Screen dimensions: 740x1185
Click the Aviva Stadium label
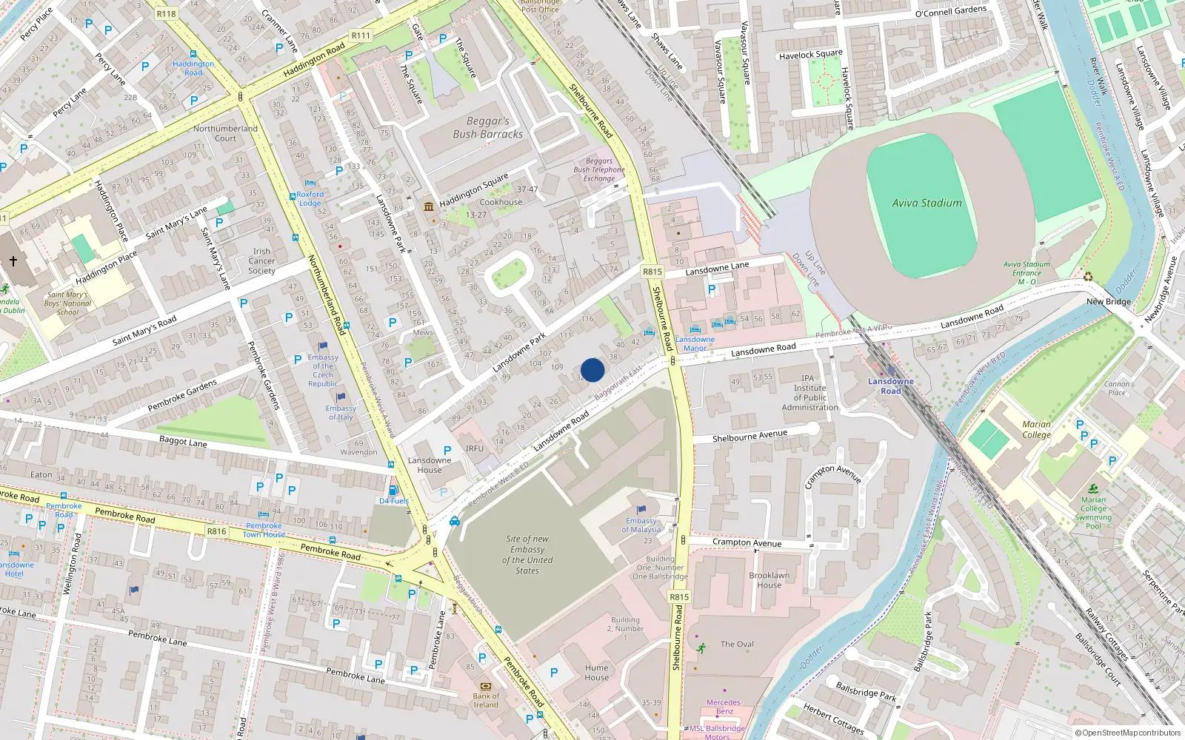click(x=927, y=203)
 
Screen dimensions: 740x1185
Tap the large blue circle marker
click(x=592, y=370)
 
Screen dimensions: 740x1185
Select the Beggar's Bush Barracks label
click(x=488, y=127)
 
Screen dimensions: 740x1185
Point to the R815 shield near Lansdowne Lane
click(x=652, y=272)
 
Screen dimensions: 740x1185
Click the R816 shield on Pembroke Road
click(x=216, y=531)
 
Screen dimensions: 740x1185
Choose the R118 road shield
click(x=166, y=13)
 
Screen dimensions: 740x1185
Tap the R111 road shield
click(x=361, y=36)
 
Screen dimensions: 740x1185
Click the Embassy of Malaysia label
click(x=641, y=525)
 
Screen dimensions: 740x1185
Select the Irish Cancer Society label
click(x=261, y=261)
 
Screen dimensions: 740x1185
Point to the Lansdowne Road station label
click(x=891, y=386)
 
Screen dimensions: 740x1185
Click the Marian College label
click(x=1036, y=429)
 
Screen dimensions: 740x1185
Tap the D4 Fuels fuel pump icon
click(x=393, y=490)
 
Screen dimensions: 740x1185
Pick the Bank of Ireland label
click(x=486, y=700)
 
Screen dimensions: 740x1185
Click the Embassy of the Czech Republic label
click(x=323, y=370)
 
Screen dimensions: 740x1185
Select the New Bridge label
click(x=1108, y=301)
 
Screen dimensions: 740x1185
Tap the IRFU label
click(x=474, y=448)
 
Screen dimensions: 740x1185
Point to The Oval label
click(x=737, y=644)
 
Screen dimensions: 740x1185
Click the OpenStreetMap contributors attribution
click(x=1131, y=733)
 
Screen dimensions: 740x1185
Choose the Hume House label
click(x=596, y=672)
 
